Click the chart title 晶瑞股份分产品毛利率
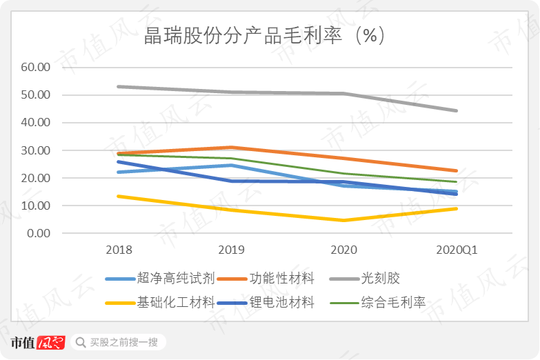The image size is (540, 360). (x=243, y=36)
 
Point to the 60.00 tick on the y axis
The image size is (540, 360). (x=35, y=67)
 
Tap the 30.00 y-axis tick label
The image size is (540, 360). (x=35, y=150)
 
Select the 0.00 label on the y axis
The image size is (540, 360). (x=39, y=234)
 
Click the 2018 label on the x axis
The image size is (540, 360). (x=119, y=250)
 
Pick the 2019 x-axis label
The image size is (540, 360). (x=232, y=250)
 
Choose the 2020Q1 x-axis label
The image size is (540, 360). (x=457, y=250)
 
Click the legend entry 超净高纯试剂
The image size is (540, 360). (x=176, y=279)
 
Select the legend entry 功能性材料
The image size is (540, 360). (x=282, y=279)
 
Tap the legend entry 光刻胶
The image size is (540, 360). (x=381, y=279)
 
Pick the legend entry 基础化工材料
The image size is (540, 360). (x=176, y=303)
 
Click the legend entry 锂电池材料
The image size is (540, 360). (x=282, y=303)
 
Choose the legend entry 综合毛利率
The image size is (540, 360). (x=393, y=303)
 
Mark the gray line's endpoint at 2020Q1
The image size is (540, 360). (x=457, y=110)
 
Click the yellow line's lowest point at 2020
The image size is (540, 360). (x=344, y=220)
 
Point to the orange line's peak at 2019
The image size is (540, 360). (x=232, y=148)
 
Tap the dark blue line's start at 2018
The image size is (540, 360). (x=119, y=162)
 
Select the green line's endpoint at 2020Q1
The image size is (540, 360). (x=457, y=181)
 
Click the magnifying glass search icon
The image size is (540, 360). (x=81, y=343)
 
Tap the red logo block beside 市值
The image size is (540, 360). (x=50, y=343)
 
